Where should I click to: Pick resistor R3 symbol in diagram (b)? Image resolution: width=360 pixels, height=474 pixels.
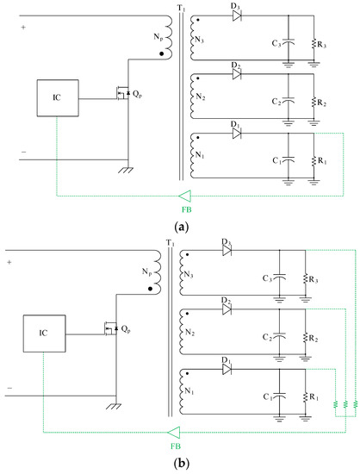(306, 278)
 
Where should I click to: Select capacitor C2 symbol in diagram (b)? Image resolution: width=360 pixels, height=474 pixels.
(278, 336)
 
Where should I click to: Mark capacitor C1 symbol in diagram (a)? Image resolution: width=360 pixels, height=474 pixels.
(289, 160)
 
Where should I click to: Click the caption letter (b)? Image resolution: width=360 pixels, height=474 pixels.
(181, 463)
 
